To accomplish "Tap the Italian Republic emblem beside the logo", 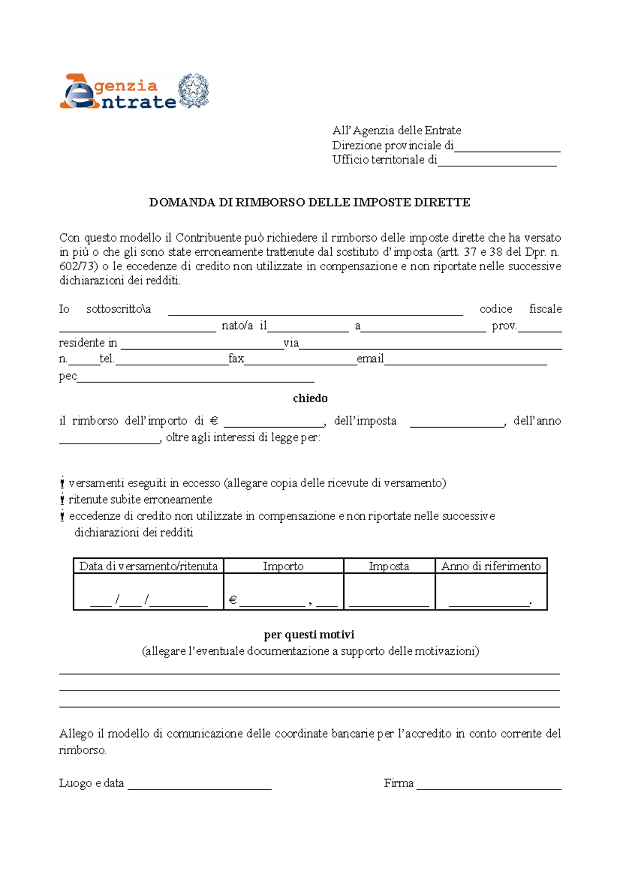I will pyautogui.click(x=193, y=91).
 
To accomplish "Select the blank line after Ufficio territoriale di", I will pyautogui.click(x=497, y=162).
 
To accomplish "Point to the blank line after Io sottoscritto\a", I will pyautogui.click(x=315, y=310).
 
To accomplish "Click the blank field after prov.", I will pyautogui.click(x=540, y=327).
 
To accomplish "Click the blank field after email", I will pyautogui.click(x=465, y=361).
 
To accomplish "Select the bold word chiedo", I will pyautogui.click(x=310, y=398).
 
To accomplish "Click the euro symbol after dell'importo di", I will pyautogui.click(x=214, y=421).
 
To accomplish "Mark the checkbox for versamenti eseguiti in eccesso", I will pyautogui.click(x=62, y=483).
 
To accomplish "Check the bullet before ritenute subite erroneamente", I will pyautogui.click(x=62, y=500).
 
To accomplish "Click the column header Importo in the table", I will pyautogui.click(x=283, y=566).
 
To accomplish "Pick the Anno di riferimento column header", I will pyautogui.click(x=491, y=566).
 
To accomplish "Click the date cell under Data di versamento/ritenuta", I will pyautogui.click(x=148, y=599).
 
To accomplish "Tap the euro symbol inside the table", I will pyautogui.click(x=233, y=600).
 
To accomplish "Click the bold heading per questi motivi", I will pyautogui.click(x=309, y=635).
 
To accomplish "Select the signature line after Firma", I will pyautogui.click(x=489, y=785).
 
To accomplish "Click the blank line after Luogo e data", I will pyautogui.click(x=199, y=785).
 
